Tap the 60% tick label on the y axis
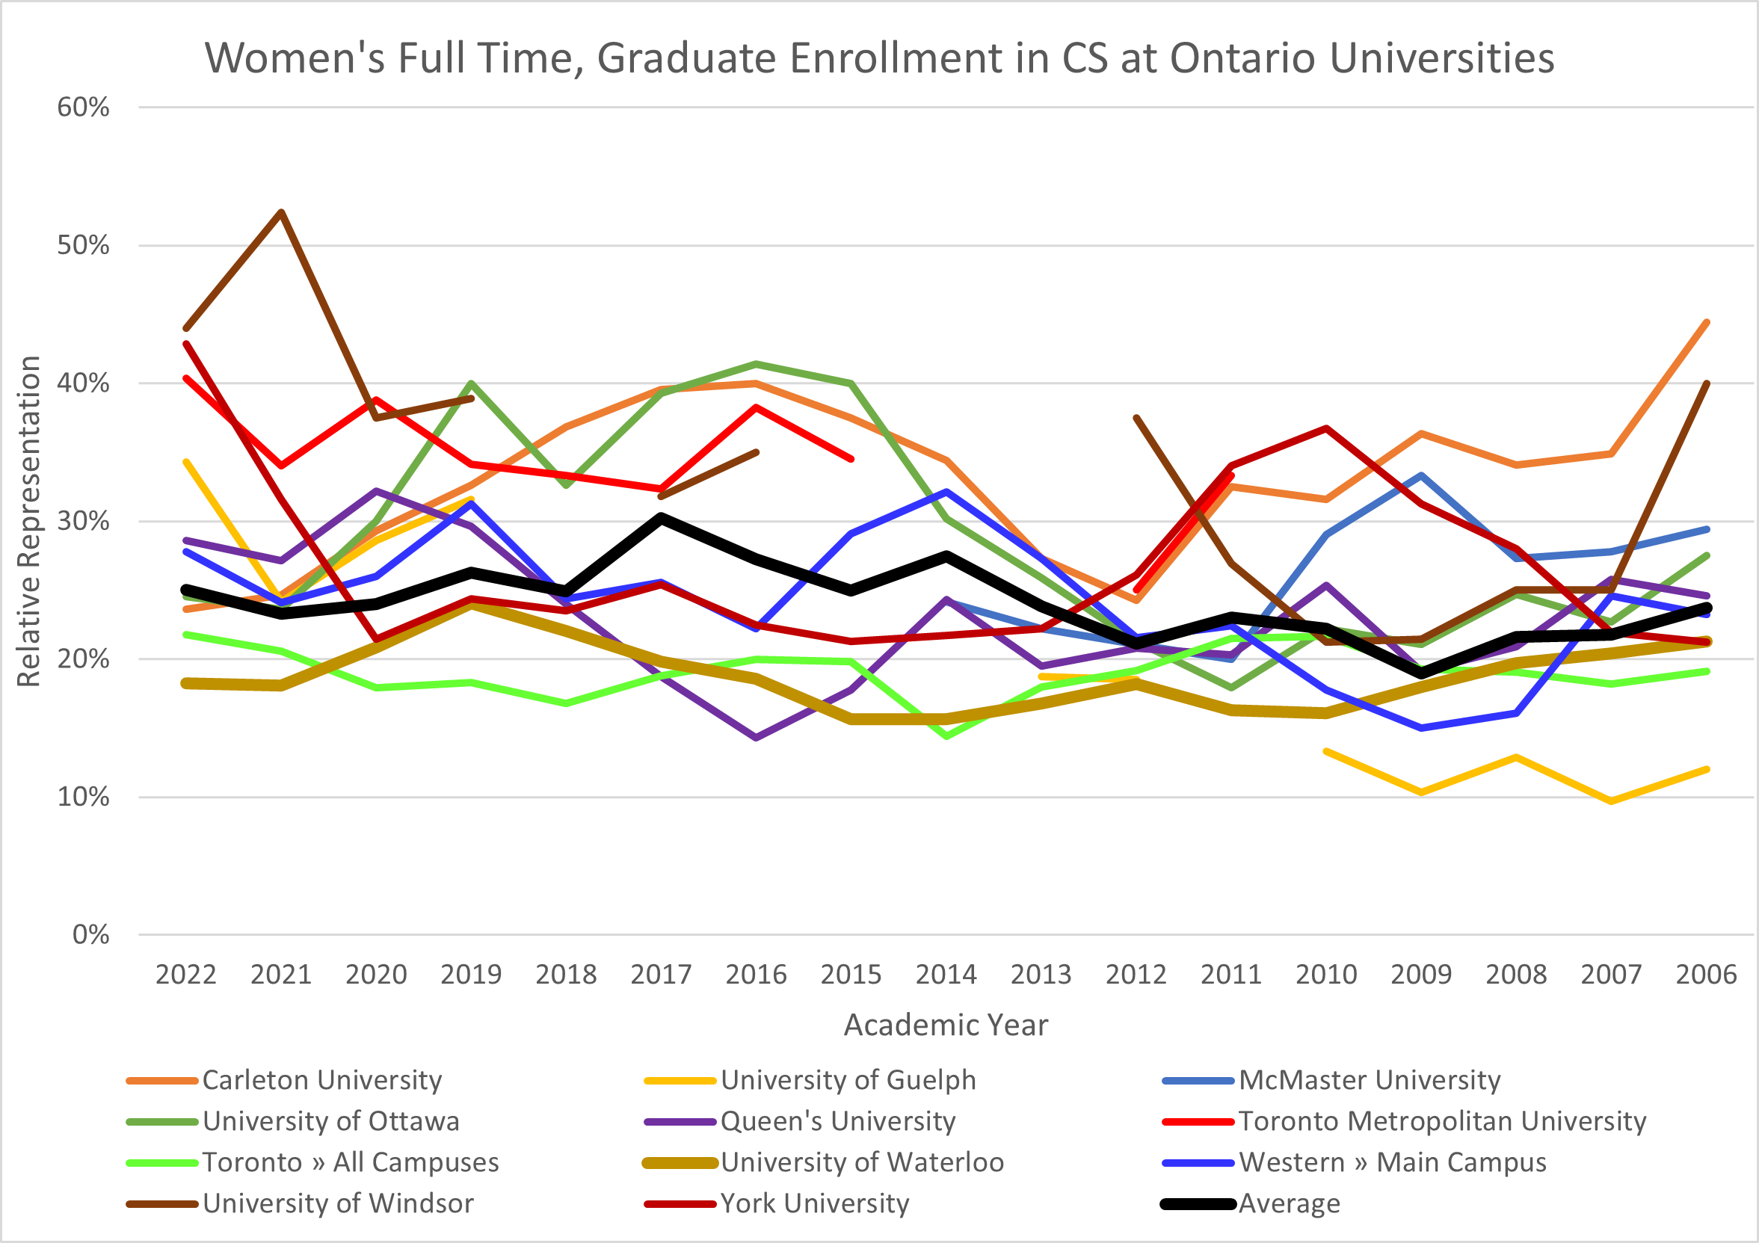[x=83, y=107]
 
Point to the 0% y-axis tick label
[x=90, y=934]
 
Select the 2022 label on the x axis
[x=185, y=974]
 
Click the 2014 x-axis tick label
[x=946, y=974]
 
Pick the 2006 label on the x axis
[x=1705, y=974]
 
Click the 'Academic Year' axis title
[x=946, y=1025]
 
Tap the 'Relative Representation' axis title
[x=29, y=521]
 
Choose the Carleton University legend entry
[x=321, y=1080]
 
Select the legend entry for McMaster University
[x=1369, y=1080]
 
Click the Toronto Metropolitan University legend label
[x=1442, y=1121]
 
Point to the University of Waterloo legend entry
[x=862, y=1162]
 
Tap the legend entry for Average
[x=1290, y=1204]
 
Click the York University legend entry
[x=814, y=1204]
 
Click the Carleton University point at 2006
[x=1707, y=321]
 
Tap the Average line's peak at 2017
[x=660, y=517]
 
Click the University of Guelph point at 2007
[x=1611, y=801]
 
